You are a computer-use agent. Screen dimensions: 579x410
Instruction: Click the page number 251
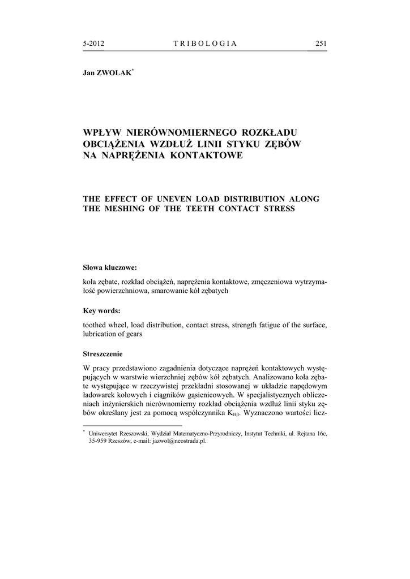(x=321, y=44)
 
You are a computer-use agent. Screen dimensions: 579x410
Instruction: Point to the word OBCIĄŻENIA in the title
(x=112, y=144)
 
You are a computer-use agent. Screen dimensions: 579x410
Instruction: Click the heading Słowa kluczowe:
(x=110, y=267)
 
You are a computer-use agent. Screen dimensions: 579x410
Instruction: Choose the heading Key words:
(x=101, y=310)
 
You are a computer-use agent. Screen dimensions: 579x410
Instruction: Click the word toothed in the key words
(x=96, y=325)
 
